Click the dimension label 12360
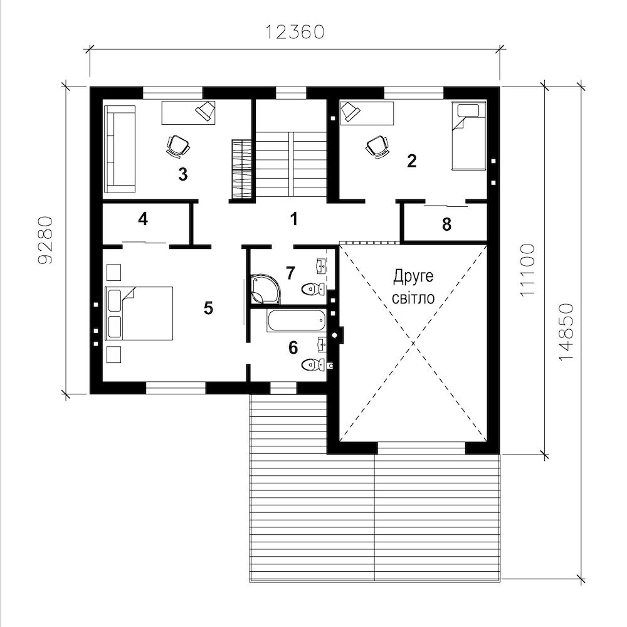point(295,33)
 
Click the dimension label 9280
point(45,240)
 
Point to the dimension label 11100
point(527,270)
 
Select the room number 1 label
point(294,219)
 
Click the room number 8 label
point(446,224)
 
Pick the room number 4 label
point(143,219)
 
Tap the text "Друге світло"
point(413,287)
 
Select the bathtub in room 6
point(297,320)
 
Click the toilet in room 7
point(313,288)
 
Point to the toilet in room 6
point(313,365)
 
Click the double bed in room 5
point(139,313)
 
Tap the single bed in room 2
point(468,136)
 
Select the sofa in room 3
point(120,149)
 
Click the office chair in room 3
point(177,145)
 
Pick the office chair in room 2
point(377,146)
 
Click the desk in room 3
point(188,113)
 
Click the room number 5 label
point(208,308)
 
